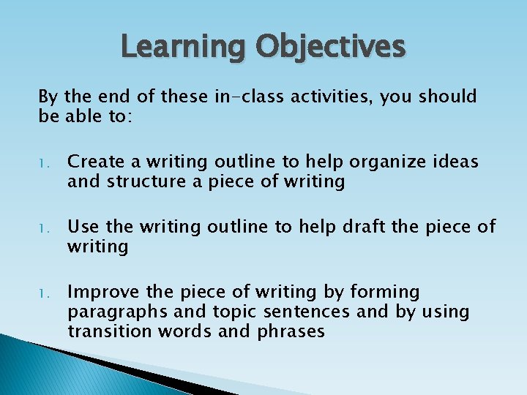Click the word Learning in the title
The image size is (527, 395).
tap(183, 47)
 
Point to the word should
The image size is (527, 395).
tap(447, 97)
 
